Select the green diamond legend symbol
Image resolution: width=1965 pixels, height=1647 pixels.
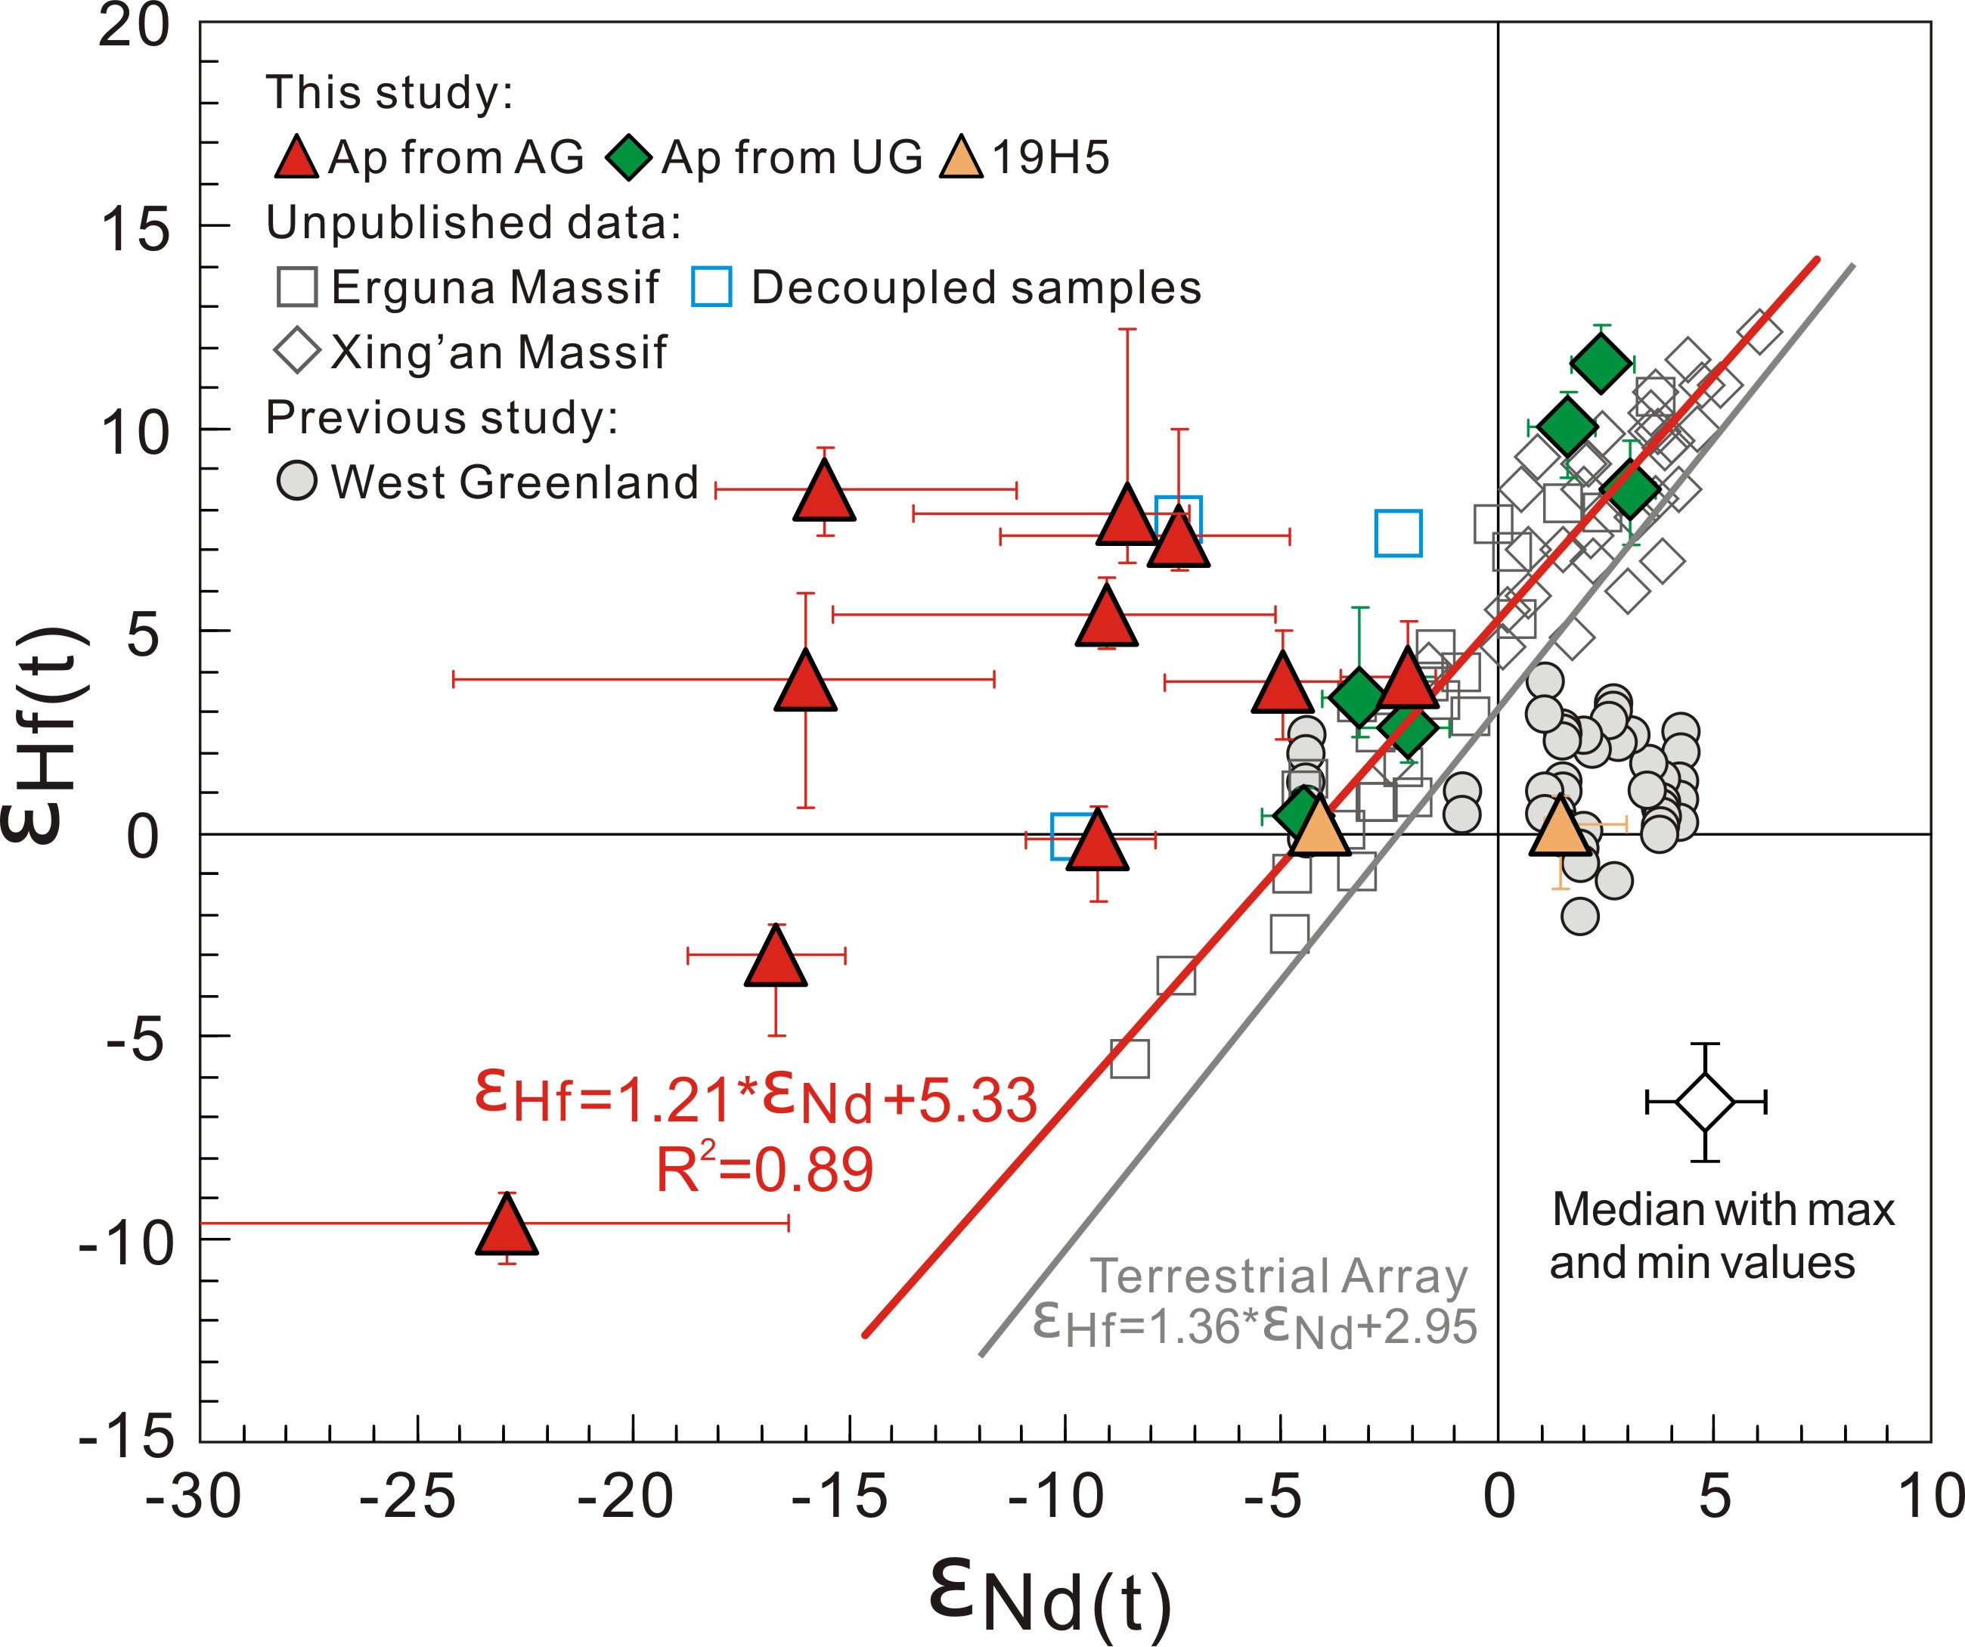click(x=629, y=157)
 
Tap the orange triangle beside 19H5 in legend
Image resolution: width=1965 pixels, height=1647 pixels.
click(x=962, y=158)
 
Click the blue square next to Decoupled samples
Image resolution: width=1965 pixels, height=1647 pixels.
click(x=711, y=287)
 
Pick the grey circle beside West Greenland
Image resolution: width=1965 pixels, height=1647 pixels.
click(x=296, y=481)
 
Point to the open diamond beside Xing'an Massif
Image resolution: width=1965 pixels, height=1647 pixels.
click(x=296, y=352)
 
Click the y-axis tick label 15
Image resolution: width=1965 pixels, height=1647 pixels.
click(x=135, y=228)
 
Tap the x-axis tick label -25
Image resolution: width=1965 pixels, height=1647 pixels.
click(x=408, y=1498)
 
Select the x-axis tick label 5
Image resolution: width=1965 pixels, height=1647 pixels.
click(x=1713, y=1498)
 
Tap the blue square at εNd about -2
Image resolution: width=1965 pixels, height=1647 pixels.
click(x=1398, y=533)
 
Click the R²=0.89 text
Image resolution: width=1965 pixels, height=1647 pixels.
click(x=764, y=1170)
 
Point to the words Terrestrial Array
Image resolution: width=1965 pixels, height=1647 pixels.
click(x=1278, y=1276)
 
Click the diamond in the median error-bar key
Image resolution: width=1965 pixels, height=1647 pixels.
click(x=1705, y=1103)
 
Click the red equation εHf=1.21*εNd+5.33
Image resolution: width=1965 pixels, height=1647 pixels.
click(x=756, y=1099)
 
